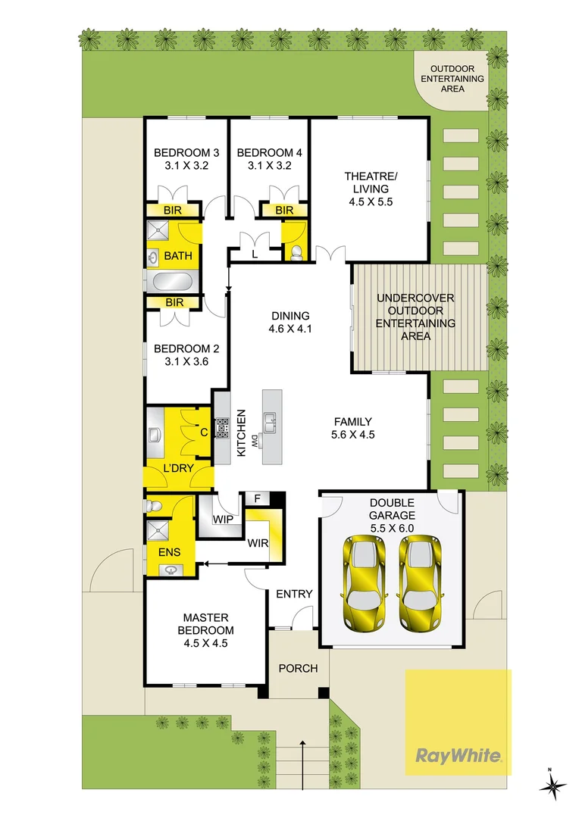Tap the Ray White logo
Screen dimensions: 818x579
[458, 755]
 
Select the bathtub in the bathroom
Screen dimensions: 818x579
[173, 283]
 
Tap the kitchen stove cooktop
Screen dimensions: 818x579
[223, 429]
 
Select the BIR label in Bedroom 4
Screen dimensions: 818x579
[283, 210]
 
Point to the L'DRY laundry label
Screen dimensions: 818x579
[178, 468]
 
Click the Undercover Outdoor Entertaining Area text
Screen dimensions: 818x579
[416, 317]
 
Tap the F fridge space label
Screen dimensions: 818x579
[257, 499]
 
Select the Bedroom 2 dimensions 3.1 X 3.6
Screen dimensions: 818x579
[186, 362]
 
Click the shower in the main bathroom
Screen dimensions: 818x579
[158, 233]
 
